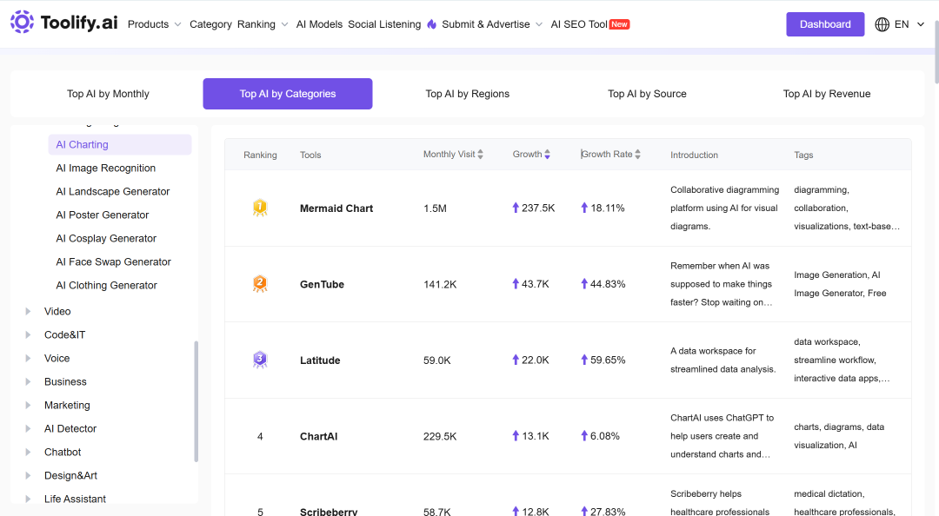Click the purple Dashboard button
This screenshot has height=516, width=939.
coord(824,24)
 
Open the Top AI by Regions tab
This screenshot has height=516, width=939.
coord(467,94)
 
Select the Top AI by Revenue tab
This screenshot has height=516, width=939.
coord(827,94)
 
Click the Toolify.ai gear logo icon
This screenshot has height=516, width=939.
coord(22,22)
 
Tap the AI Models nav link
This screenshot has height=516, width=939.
coord(319,24)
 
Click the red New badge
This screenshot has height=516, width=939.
coord(619,24)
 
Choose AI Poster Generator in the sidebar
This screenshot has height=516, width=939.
coord(103,215)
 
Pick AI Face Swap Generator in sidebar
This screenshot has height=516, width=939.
coord(113,262)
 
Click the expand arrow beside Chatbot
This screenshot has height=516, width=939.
coord(28,453)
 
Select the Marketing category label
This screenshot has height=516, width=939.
coord(67,406)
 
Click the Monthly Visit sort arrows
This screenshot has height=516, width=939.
coord(480,155)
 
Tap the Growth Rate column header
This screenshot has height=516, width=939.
coord(607,155)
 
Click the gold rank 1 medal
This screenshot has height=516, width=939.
coord(260,208)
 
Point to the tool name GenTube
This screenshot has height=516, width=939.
coord(323,284)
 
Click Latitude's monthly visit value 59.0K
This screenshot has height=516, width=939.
coord(437,361)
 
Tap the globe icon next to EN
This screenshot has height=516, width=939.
coord(882,24)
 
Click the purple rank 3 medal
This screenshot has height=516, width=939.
coord(260,360)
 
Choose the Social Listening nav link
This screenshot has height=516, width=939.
coord(384,24)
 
